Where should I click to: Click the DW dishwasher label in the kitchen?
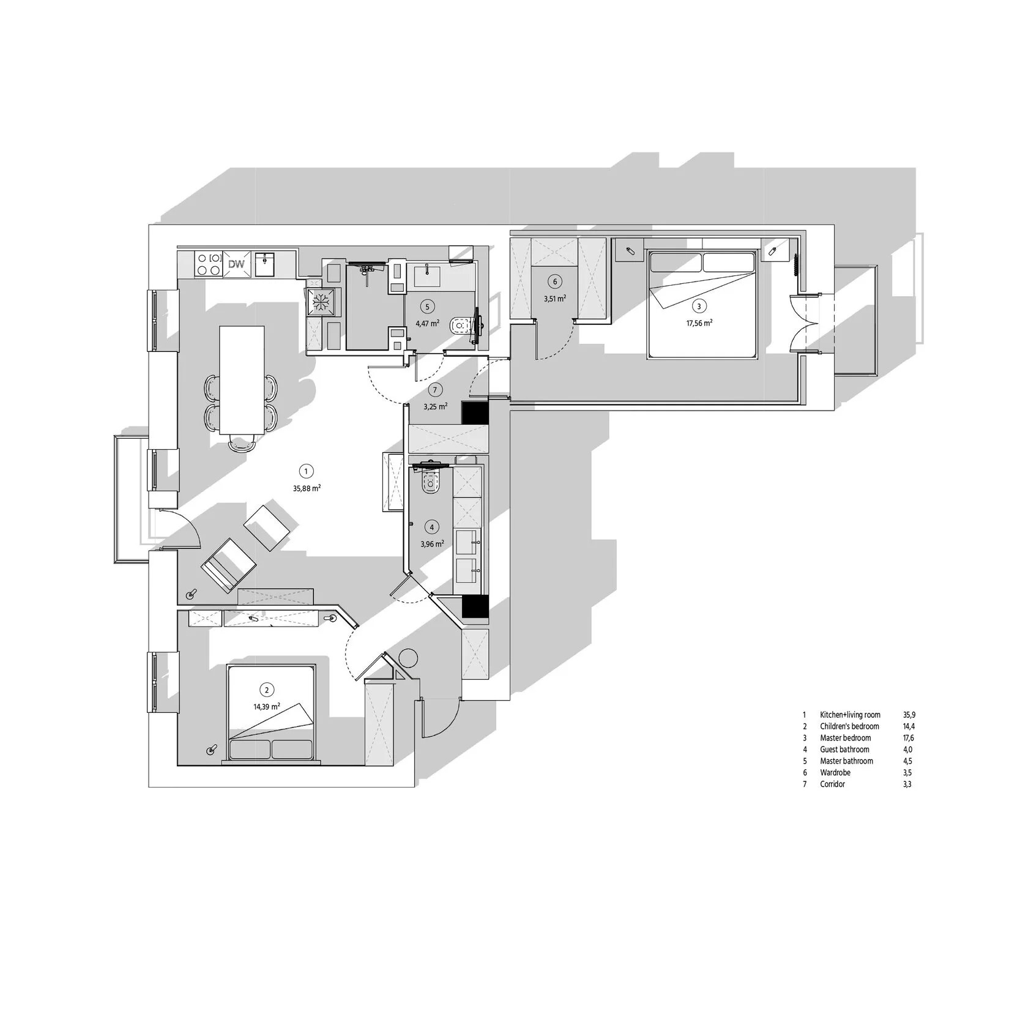pos(236,265)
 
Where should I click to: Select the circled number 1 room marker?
pos(306,471)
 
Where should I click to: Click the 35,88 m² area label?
pos(307,488)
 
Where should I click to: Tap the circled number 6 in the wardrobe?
pos(555,281)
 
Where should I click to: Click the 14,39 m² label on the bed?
pos(267,706)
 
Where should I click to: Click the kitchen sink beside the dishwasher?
pos(265,264)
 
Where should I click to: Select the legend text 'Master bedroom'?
pos(845,738)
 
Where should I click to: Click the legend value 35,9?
pos(909,715)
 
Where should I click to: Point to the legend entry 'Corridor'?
pos(832,784)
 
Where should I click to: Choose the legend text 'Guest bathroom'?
pos(844,750)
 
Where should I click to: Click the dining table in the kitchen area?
pos(242,379)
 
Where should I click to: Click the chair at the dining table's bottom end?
pos(242,442)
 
